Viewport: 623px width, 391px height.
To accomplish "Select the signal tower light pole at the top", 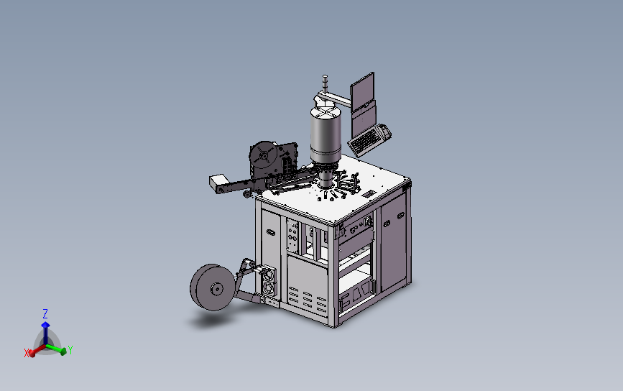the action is coord(325,84).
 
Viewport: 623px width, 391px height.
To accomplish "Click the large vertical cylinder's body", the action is coord(326,133).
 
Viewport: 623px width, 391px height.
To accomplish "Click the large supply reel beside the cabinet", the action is coord(213,287).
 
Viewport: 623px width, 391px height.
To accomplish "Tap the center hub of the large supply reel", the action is coord(216,289).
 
